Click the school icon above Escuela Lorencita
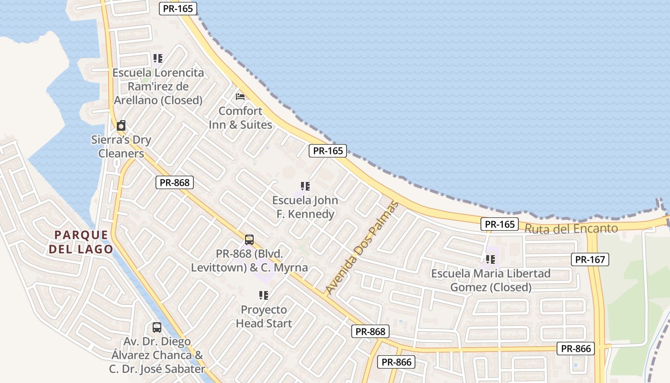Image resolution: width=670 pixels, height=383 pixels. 158,58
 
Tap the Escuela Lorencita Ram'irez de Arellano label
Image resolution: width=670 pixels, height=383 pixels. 158,87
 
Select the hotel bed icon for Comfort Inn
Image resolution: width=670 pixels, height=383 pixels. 240,96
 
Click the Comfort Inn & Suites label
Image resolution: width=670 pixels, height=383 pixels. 240,118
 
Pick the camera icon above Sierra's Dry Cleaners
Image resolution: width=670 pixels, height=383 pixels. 121,125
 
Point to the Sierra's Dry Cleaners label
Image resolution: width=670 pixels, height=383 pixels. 121,147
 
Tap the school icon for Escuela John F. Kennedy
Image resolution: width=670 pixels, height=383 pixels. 305,186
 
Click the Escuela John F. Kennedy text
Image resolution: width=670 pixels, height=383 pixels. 305,207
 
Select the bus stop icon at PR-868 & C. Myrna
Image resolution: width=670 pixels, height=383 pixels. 249,239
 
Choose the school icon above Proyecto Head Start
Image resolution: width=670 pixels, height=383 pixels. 264,295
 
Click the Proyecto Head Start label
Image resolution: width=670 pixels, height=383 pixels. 264,316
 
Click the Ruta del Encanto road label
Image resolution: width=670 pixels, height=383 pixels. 571,228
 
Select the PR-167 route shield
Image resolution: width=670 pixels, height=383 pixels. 590,259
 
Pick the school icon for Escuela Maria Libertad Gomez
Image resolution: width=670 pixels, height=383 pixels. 491,259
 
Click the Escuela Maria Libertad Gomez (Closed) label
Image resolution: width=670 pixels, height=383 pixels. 491,281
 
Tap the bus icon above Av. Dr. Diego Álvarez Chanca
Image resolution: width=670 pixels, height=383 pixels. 157,327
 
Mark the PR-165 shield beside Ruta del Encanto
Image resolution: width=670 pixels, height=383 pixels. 500,224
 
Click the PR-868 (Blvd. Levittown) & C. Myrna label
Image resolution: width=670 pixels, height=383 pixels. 249,260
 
